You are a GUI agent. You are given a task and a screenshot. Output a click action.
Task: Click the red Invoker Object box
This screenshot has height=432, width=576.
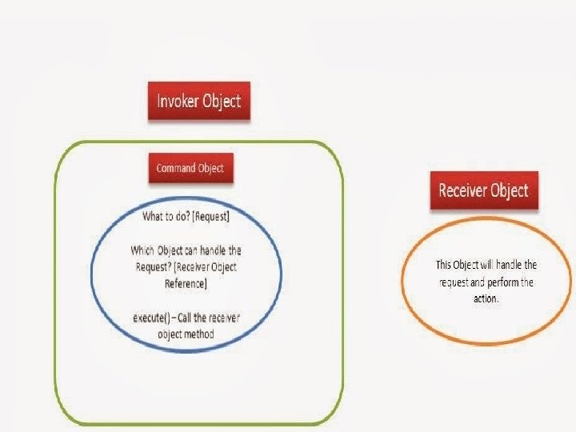pos(199,101)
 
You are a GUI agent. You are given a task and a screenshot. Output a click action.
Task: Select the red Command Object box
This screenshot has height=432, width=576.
pos(191,168)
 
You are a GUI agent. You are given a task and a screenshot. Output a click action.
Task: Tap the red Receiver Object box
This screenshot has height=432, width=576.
pos(485,190)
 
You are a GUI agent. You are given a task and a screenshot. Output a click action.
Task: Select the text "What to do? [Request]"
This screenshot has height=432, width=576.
pos(186,216)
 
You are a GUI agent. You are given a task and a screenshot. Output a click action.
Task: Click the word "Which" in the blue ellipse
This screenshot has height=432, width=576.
pos(142,250)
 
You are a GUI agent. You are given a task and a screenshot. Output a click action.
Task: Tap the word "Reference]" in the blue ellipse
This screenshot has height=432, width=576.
pos(186,284)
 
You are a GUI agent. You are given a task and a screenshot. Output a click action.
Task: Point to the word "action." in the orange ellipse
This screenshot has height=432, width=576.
pos(486,298)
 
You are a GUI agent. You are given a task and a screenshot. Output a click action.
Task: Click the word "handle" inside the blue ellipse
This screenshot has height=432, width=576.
pos(214,250)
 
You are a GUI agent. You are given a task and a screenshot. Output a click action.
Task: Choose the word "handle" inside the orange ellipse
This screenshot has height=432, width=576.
pos(510,265)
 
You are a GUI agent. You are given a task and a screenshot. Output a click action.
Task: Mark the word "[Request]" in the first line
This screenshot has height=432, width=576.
pos(211,217)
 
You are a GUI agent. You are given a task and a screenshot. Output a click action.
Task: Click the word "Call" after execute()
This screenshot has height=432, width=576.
pos(185,318)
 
